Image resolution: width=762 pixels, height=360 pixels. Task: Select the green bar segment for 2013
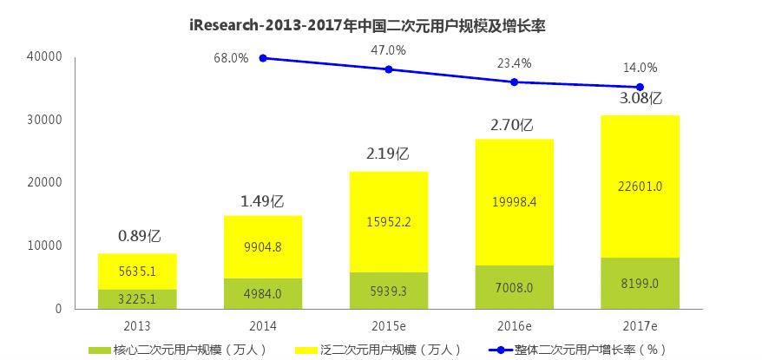click(137, 298)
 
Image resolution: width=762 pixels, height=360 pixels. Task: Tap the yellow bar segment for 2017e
click(640, 187)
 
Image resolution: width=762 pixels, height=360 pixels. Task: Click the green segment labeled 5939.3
click(388, 291)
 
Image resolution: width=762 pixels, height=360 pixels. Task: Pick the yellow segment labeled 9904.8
click(263, 247)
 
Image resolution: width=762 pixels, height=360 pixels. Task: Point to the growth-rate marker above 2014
click(263, 58)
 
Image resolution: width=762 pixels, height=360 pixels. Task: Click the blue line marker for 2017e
click(640, 87)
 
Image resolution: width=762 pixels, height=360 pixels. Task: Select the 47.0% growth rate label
click(388, 51)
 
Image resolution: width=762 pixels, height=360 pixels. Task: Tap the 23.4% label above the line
click(514, 62)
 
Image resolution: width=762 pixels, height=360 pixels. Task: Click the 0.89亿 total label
click(140, 235)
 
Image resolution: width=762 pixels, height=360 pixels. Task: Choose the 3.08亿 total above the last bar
click(640, 98)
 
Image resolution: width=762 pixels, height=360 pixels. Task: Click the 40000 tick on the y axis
click(44, 56)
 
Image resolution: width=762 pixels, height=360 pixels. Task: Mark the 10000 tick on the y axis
click(44, 245)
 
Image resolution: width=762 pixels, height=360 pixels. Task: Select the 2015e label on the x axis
click(388, 326)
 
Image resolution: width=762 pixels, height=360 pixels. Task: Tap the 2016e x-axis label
click(514, 326)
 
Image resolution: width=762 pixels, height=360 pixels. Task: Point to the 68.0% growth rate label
click(232, 58)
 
